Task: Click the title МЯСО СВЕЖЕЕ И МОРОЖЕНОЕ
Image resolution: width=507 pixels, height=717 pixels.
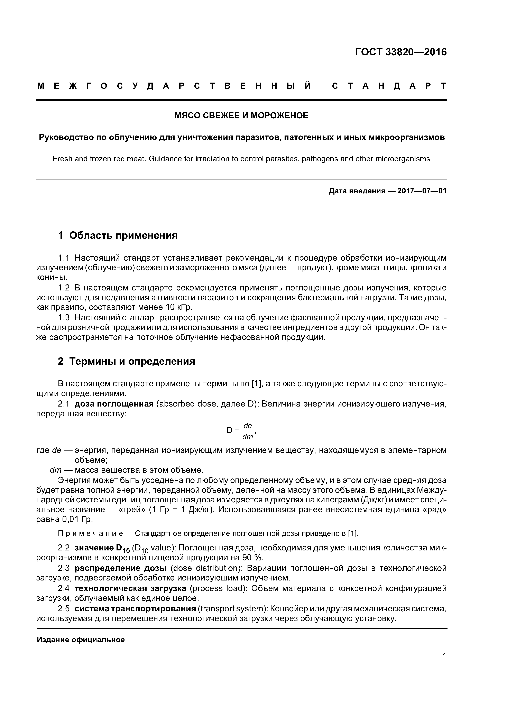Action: pos(241,115)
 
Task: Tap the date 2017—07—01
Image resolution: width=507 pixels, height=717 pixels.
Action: pos(422,191)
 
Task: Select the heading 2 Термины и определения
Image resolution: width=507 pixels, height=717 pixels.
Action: pos(127,361)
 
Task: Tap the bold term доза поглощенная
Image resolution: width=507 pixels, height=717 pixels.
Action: pos(114,404)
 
